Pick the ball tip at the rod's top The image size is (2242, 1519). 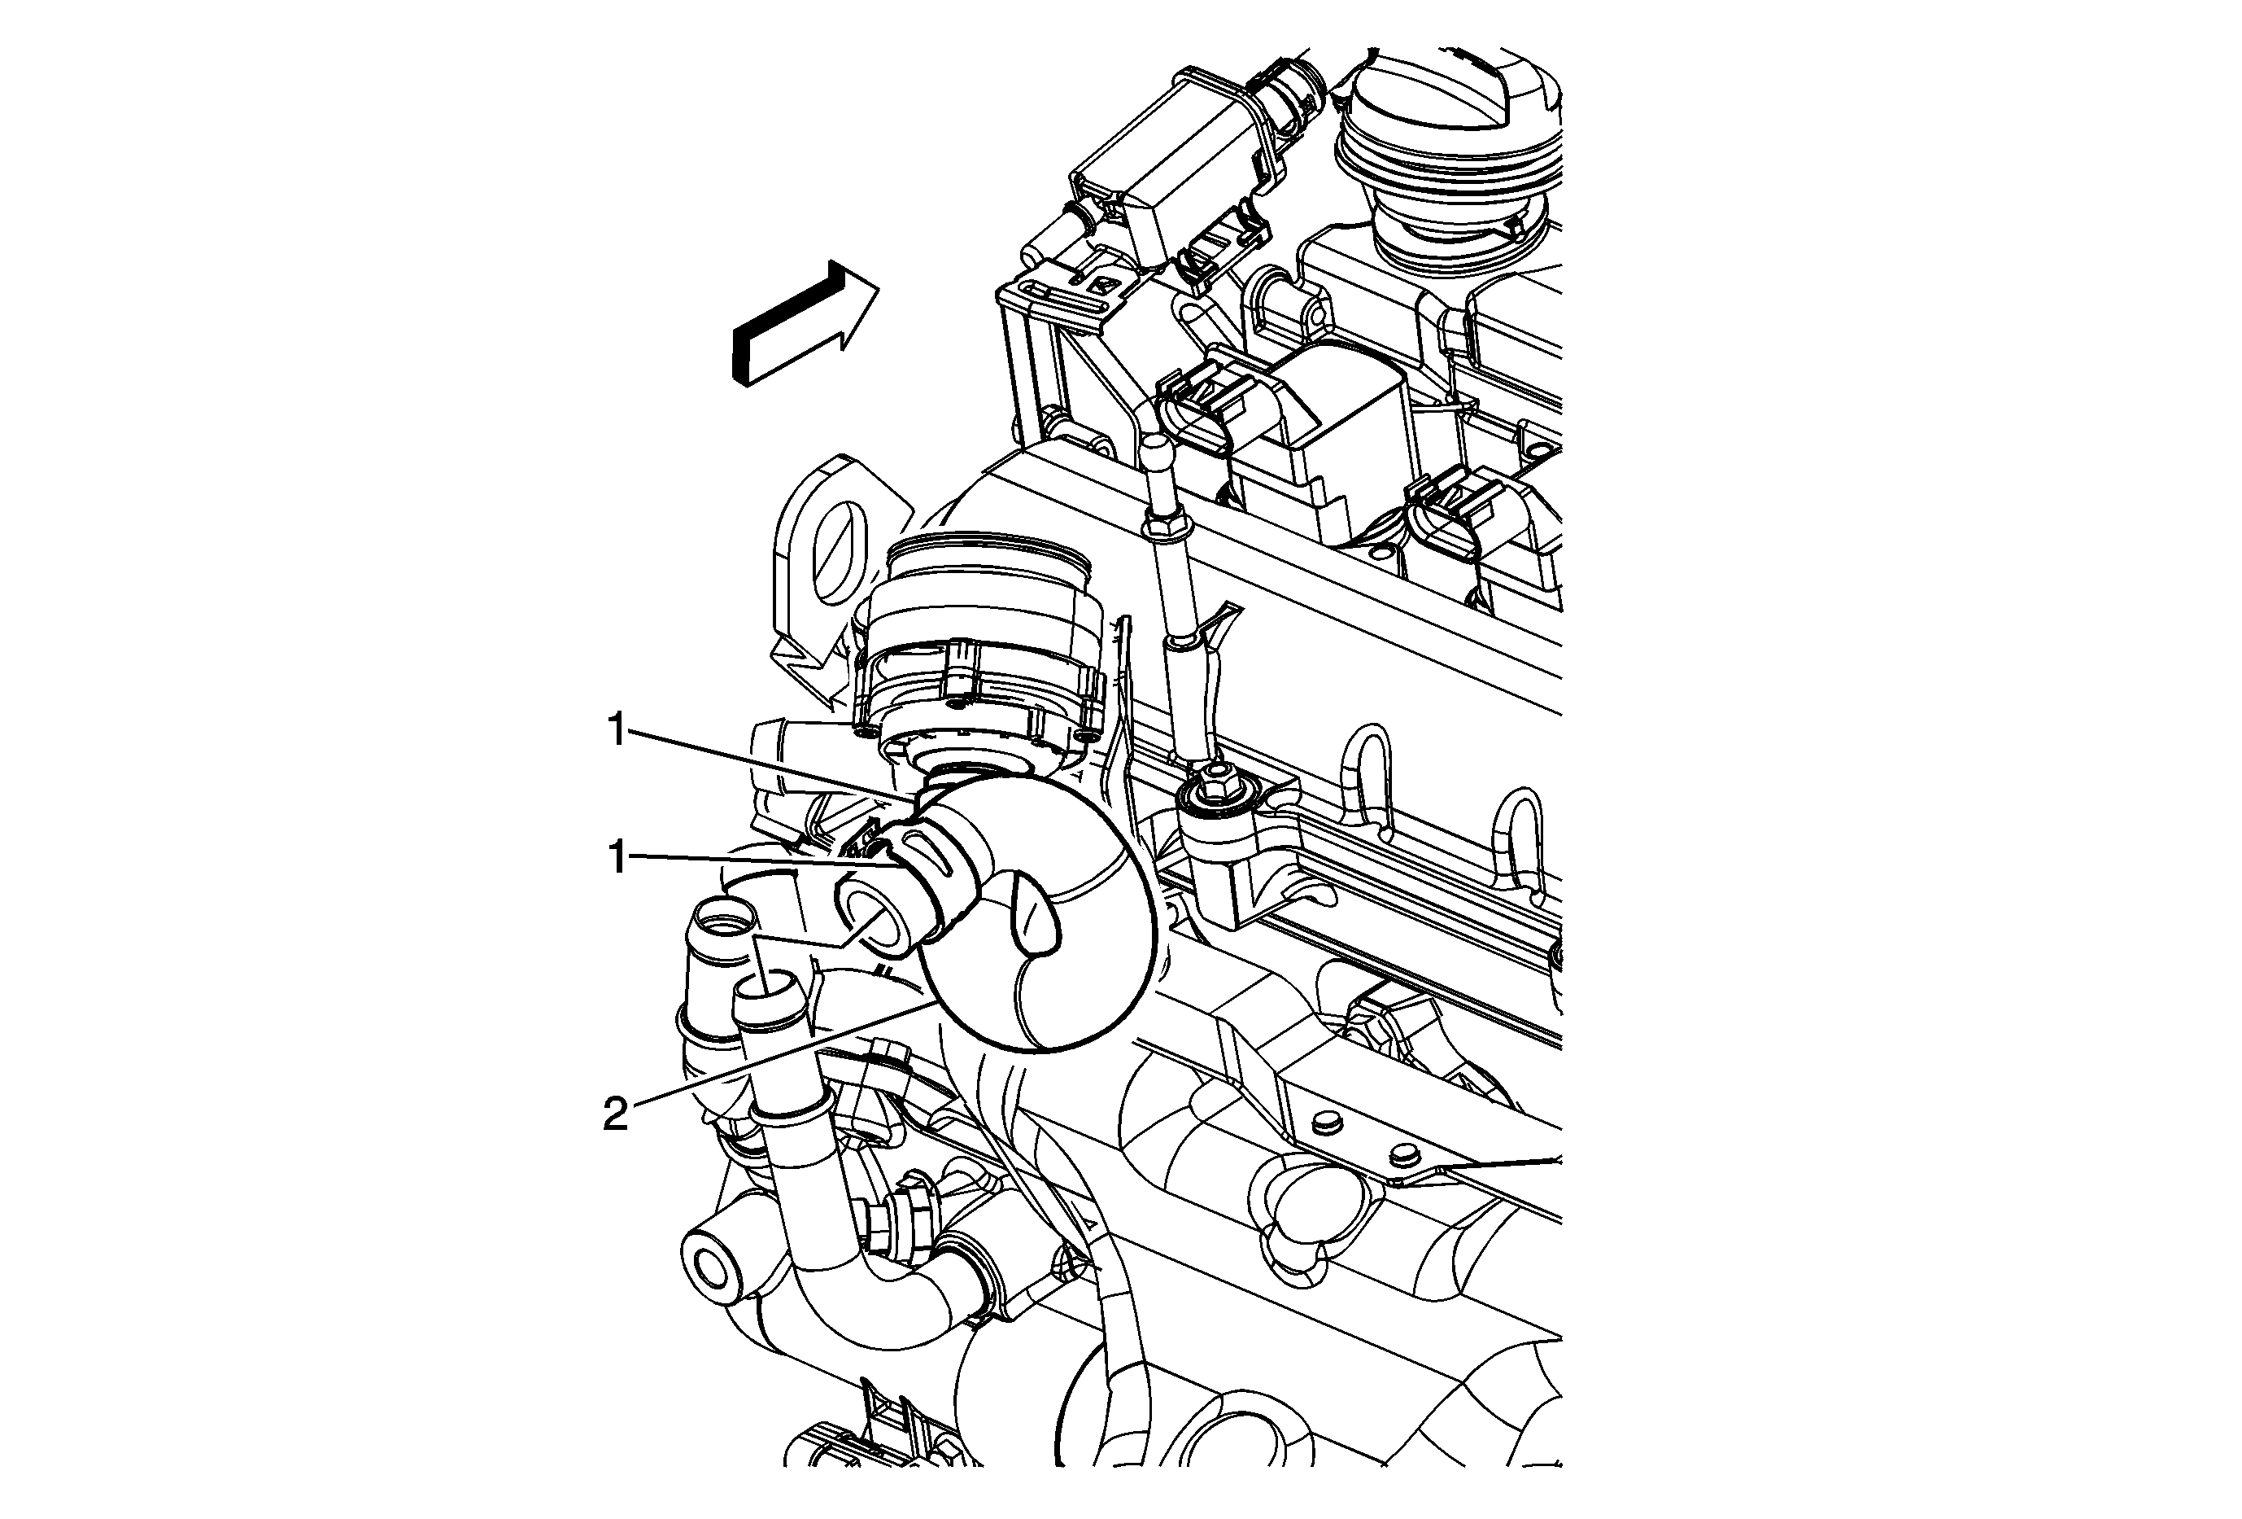[1157, 453]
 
